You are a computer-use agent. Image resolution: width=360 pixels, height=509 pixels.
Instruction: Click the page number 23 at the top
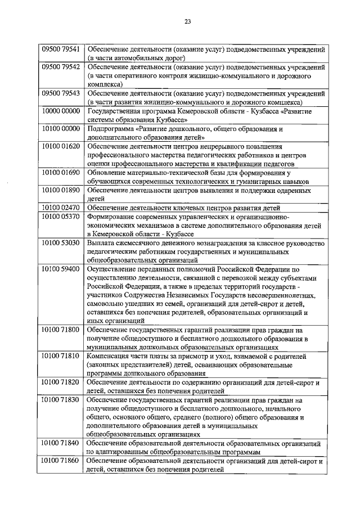[187, 22]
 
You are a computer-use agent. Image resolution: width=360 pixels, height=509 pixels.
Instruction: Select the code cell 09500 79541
[61, 49]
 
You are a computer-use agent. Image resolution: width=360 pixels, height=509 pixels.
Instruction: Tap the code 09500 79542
[61, 67]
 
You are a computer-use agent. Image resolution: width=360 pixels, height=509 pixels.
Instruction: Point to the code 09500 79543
[61, 93]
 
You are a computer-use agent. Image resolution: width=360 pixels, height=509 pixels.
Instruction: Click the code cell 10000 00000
[61, 111]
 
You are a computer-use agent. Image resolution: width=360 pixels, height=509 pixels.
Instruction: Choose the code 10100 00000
[61, 129]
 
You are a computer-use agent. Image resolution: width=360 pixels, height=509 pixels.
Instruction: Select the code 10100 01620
[61, 146]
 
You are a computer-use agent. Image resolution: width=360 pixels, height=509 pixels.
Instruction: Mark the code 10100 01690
[61, 173]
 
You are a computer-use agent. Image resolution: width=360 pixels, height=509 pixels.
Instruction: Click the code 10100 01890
[61, 190]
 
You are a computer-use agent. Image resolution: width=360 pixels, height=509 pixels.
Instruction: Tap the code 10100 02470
[61, 208]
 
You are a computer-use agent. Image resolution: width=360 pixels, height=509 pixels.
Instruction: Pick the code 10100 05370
[61, 217]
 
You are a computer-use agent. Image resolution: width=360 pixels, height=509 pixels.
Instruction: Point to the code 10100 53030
[61, 243]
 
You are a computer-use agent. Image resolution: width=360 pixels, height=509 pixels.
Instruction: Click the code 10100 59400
[61, 269]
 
